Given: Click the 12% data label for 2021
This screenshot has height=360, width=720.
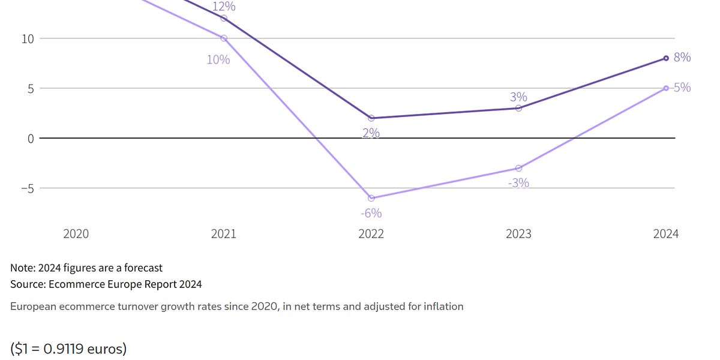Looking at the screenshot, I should click(224, 7).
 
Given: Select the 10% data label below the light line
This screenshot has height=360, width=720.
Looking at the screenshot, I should click(218, 59).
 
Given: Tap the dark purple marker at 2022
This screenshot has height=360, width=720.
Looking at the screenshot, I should click(371, 118).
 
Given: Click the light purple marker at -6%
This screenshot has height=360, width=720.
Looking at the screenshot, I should click(371, 198).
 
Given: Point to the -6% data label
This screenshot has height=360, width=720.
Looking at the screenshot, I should click(371, 213).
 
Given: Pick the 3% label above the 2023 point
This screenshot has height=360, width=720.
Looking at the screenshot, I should click(519, 97).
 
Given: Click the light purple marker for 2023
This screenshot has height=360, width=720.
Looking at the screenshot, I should click(519, 169).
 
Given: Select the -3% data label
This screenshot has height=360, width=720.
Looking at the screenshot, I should click(518, 183).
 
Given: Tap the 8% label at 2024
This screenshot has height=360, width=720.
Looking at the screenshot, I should click(682, 58).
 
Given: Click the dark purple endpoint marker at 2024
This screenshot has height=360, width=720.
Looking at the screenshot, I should click(666, 58).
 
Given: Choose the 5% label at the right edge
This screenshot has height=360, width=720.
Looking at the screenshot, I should click(682, 88).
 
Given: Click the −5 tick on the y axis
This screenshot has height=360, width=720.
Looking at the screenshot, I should click(26, 188).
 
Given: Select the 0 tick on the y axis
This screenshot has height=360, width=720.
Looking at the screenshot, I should click(31, 139).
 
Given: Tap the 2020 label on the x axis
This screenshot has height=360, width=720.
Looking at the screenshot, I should click(76, 234).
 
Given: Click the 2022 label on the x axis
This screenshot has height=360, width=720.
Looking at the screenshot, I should click(371, 234).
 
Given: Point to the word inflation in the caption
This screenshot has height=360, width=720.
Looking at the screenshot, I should click(442, 307).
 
